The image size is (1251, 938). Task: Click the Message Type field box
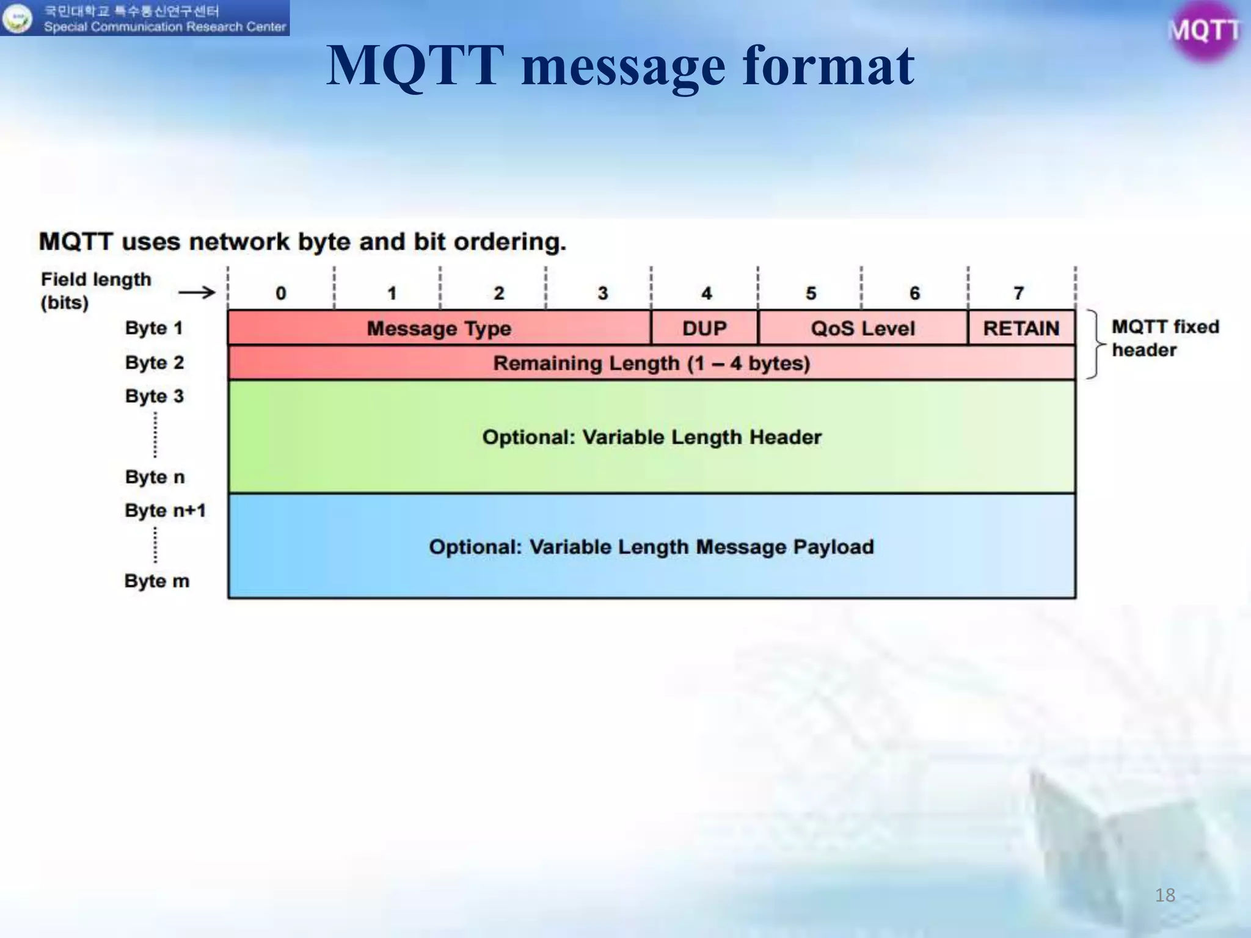pos(439,329)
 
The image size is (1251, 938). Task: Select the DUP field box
pos(704,329)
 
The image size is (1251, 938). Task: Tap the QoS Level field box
pos(863,329)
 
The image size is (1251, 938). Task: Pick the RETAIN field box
pos(1021,329)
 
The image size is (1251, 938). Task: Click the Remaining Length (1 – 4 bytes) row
pos(651,363)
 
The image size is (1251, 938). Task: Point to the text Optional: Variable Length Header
pos(651,437)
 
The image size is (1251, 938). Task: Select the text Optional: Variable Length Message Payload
pos(651,547)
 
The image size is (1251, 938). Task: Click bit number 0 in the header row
pos(281,294)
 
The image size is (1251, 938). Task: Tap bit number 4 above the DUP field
pos(706,294)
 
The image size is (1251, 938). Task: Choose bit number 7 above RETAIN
pos(1018,294)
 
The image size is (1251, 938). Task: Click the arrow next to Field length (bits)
pos(197,293)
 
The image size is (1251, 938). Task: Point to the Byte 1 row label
pos(154,328)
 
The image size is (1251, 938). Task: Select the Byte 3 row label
pos(154,396)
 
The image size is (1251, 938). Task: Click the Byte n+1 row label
pos(165,511)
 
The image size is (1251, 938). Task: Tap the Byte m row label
pos(156,581)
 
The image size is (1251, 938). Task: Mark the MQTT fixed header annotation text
pos(1164,338)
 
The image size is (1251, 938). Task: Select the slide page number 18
pos(1165,895)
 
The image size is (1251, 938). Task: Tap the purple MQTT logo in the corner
pos(1203,31)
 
